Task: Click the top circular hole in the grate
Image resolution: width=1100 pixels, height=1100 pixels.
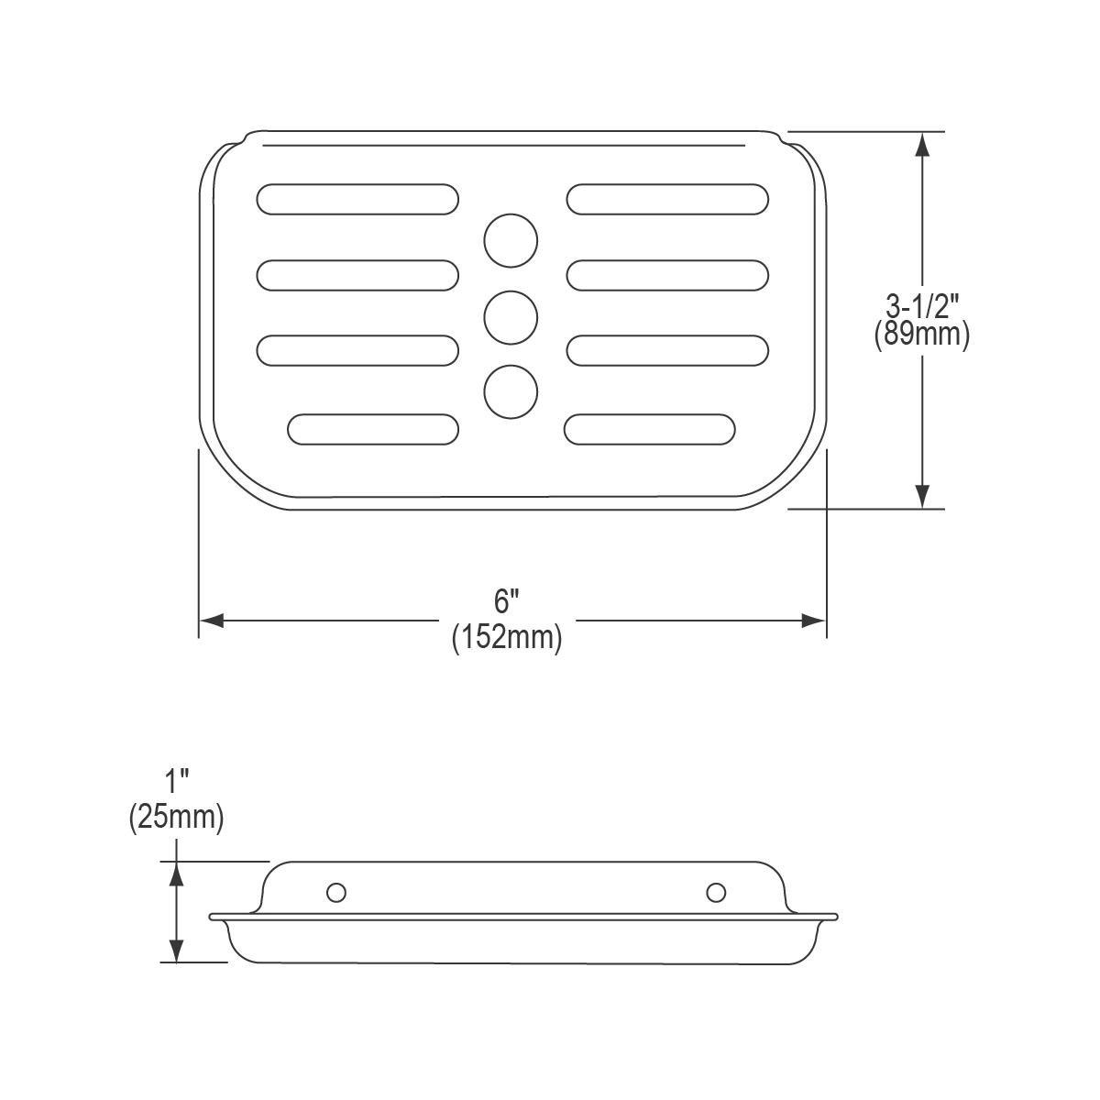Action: (x=511, y=241)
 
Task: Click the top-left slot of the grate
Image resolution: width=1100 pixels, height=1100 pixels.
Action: (x=357, y=199)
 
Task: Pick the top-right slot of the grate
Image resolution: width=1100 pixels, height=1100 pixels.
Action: (x=667, y=199)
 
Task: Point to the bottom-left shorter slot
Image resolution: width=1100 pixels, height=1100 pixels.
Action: (x=373, y=429)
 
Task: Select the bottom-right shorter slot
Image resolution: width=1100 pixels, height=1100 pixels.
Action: (x=650, y=429)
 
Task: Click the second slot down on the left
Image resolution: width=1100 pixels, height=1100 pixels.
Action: (x=357, y=275)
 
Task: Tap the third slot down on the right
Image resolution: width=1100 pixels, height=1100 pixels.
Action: (x=667, y=350)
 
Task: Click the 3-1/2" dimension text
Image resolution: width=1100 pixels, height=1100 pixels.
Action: (x=922, y=305)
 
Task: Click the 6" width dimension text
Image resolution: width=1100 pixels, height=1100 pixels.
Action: (x=507, y=602)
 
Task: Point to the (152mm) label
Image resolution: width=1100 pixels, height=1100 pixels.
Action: (x=507, y=636)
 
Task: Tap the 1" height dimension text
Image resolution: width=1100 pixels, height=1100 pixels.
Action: (x=176, y=782)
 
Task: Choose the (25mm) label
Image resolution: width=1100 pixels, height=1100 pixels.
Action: (x=176, y=816)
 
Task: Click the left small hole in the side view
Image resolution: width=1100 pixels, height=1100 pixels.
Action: (x=336, y=892)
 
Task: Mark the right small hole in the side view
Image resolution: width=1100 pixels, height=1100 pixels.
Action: (x=716, y=892)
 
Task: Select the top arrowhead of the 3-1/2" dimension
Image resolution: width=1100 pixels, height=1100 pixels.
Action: (x=923, y=143)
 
